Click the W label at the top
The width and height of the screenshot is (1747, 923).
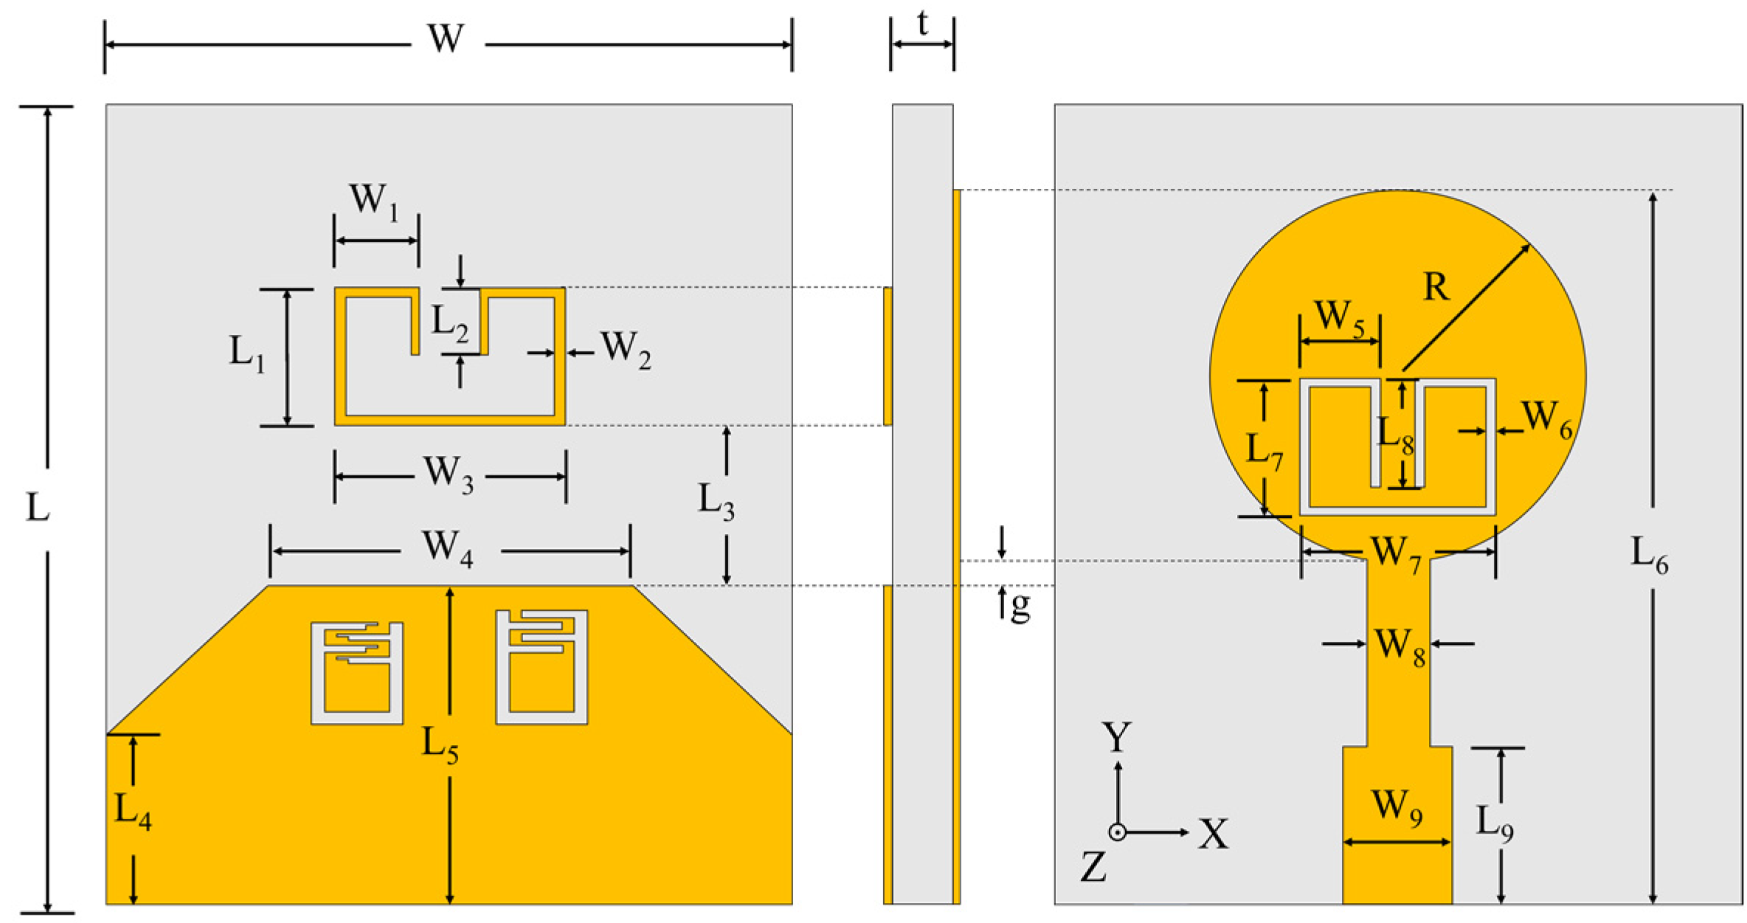click(446, 38)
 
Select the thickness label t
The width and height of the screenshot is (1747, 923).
click(923, 24)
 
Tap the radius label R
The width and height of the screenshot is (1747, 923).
click(1436, 287)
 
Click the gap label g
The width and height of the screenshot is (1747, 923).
click(1020, 606)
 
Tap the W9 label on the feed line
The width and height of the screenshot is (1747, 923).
click(1397, 806)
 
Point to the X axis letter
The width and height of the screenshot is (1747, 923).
click(1213, 834)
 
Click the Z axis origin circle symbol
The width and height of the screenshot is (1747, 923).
click(1118, 832)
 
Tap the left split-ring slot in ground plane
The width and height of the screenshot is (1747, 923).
click(357, 673)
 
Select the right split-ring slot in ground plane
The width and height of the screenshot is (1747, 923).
click(542, 667)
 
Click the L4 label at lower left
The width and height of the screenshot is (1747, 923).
click(133, 812)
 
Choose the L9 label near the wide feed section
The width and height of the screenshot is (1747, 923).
click(1495, 823)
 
